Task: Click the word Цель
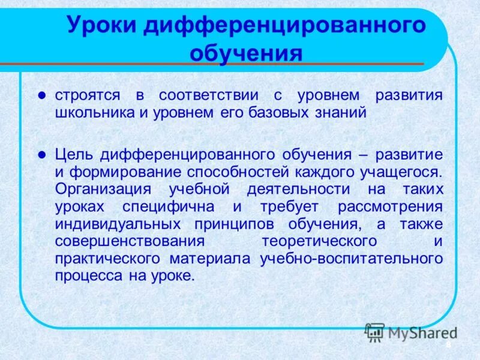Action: (x=74, y=154)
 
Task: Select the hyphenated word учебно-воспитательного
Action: (x=352, y=259)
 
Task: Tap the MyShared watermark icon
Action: (x=374, y=332)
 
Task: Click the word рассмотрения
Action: (x=393, y=206)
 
